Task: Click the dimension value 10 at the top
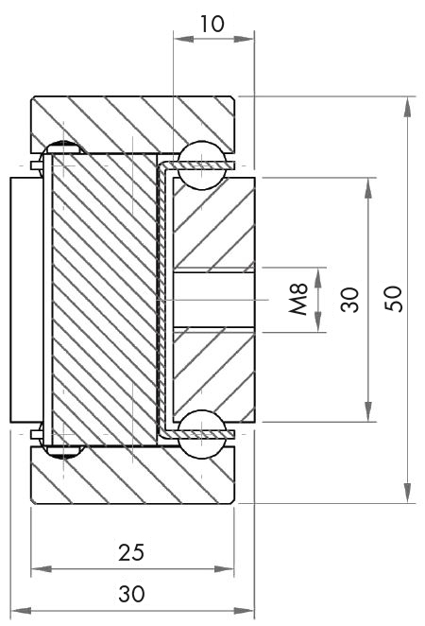212,24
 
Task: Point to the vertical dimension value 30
350,300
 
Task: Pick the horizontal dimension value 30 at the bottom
131,594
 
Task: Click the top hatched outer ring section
132,118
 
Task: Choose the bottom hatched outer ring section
132,476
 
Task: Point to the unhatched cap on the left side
25,299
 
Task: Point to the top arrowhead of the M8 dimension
319,275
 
